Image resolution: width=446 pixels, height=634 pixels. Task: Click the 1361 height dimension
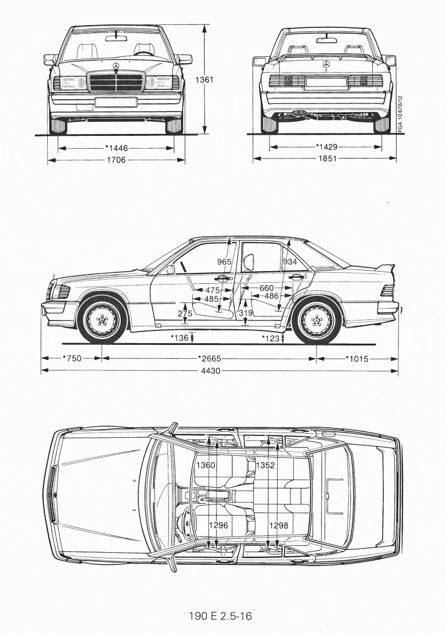[x=205, y=80]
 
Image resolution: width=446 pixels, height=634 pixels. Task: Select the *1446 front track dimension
[x=117, y=148]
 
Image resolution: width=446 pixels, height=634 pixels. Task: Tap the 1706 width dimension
[x=116, y=160]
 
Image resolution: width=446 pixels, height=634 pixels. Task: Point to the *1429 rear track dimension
[x=327, y=146]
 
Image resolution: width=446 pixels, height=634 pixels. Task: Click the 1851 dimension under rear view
[x=327, y=158]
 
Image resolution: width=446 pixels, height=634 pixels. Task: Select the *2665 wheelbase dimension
[x=210, y=358]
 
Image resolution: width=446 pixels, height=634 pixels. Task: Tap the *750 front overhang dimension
[x=72, y=358]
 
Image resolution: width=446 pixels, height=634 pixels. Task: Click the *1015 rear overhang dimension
[x=357, y=358]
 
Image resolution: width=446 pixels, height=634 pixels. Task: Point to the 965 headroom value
[x=225, y=262]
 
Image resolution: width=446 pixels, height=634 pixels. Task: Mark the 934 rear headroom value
[x=290, y=262]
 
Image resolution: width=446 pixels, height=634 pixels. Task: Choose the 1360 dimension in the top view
[x=206, y=465]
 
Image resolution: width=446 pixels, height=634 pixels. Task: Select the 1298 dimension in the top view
[x=279, y=525]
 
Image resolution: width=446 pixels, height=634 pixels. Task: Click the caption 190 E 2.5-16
[x=221, y=615]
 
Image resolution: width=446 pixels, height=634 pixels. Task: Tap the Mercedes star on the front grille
[x=115, y=67]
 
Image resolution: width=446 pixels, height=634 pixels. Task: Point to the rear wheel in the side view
[x=316, y=320]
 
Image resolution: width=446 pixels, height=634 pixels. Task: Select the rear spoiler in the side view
[x=385, y=271]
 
